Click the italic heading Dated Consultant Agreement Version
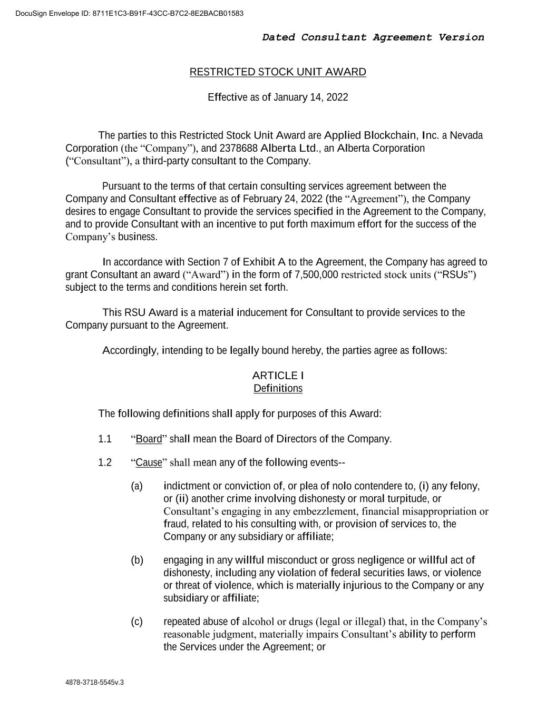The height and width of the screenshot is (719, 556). [x=373, y=37]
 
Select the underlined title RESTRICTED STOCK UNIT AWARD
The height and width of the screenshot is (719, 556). [x=278, y=72]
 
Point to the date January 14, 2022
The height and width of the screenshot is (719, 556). [x=310, y=97]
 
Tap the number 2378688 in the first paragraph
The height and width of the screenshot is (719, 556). [x=238, y=148]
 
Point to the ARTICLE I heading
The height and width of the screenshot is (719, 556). [x=278, y=376]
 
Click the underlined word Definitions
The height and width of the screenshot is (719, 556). [x=278, y=389]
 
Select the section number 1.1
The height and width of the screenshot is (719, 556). [x=105, y=439]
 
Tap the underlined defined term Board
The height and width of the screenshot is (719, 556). [x=149, y=439]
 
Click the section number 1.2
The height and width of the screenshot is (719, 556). [x=105, y=463]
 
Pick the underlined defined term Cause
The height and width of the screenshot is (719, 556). [x=149, y=463]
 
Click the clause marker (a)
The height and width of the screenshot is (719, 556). [x=136, y=486]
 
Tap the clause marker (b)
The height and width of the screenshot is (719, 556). [x=136, y=560]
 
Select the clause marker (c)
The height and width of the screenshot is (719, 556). [x=136, y=622]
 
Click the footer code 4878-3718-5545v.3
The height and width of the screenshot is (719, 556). [x=94, y=683]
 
